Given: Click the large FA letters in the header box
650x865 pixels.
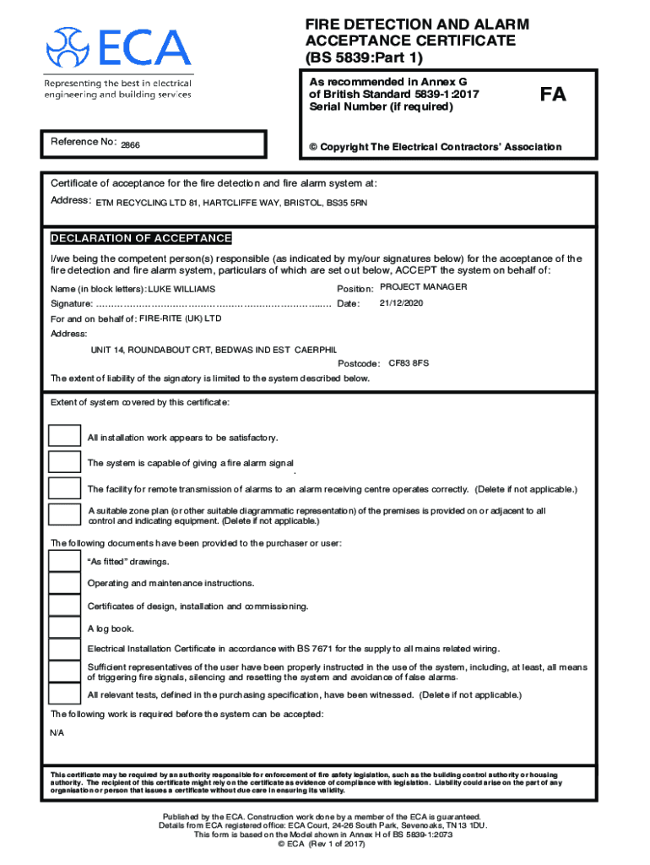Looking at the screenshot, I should click(x=554, y=95).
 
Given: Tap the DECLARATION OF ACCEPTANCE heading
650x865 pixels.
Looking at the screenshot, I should click(x=141, y=238).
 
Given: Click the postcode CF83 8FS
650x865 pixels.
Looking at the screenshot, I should click(x=409, y=362).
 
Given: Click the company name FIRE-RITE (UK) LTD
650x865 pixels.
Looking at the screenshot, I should click(x=180, y=318).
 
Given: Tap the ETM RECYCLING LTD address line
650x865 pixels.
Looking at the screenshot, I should click(x=230, y=203).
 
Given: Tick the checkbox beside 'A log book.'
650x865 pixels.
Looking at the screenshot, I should click(x=64, y=628).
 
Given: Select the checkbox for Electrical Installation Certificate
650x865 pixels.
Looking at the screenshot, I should click(x=64, y=649).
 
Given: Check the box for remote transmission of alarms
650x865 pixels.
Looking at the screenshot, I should click(x=64, y=488).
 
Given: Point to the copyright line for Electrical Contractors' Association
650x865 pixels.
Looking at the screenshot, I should click(x=435, y=147).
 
